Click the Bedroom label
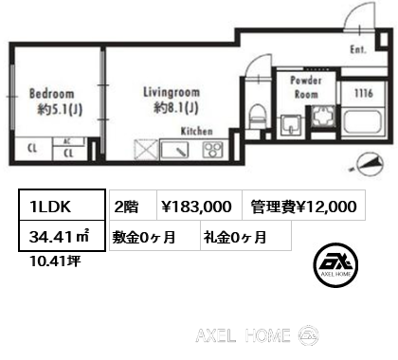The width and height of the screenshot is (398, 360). (52, 94)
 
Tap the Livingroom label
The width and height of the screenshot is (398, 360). (172, 92)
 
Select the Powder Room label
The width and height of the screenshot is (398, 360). (305, 87)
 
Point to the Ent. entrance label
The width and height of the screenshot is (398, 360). (358, 49)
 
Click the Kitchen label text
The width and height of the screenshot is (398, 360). (197, 132)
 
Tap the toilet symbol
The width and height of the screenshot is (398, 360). (259, 117)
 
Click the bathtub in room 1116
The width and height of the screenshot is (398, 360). (363, 122)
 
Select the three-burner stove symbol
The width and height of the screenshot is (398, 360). (213, 150)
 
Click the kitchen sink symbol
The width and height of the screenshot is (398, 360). (174, 150)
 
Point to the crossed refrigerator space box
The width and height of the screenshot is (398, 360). (146, 150)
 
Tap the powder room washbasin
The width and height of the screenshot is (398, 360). (291, 126)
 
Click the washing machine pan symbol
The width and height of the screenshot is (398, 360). (322, 117)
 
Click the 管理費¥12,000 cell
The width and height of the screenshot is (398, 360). (304, 205)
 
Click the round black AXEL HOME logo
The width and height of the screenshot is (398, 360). (335, 264)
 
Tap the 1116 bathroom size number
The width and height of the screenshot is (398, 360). (364, 93)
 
